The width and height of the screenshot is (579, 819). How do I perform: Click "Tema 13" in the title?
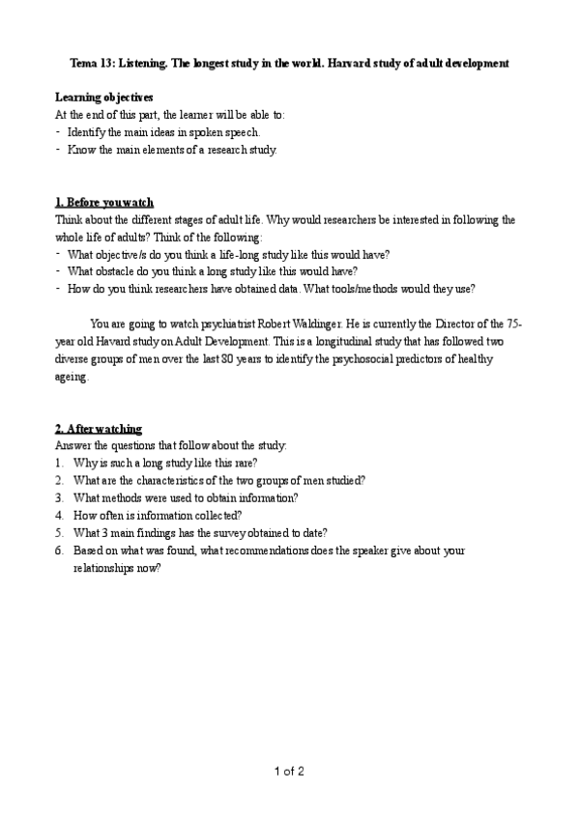91,64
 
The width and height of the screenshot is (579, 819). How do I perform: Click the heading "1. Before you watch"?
104,203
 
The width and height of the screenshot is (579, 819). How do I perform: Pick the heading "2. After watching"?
99,428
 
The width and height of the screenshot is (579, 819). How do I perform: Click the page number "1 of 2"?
289,771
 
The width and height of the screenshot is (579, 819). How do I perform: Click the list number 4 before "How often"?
59,515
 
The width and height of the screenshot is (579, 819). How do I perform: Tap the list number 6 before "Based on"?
59,551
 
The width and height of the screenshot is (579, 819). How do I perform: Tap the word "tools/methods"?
414,289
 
